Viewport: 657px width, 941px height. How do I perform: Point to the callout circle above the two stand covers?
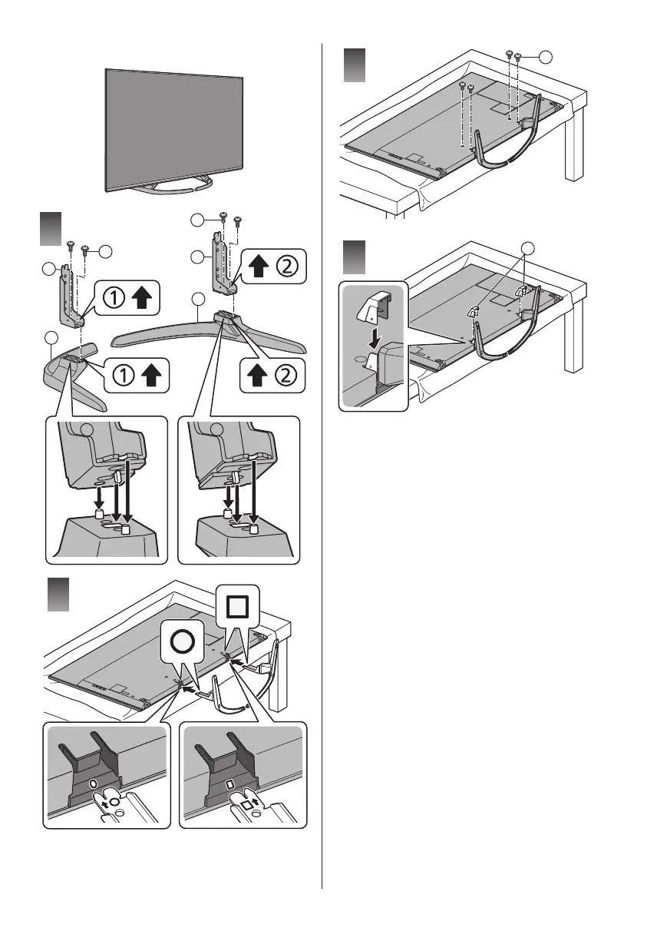[527, 247]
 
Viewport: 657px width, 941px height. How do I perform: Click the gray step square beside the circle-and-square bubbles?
[59, 595]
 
